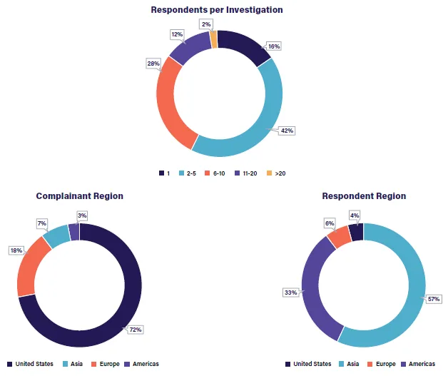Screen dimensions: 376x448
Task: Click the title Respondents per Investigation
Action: click(217, 10)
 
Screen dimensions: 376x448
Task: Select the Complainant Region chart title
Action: click(79, 196)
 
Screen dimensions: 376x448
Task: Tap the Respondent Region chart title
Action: click(364, 196)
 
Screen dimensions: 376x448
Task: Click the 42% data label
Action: click(287, 131)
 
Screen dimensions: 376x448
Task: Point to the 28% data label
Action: click(153, 63)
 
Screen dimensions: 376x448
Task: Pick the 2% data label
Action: click(206, 24)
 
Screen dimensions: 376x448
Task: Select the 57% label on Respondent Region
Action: click(434, 299)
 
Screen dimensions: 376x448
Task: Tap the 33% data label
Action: click(290, 292)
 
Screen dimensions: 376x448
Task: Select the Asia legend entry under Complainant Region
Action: click(73, 364)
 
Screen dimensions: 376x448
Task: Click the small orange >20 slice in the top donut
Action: click(213, 39)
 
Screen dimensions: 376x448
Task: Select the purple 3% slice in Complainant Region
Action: click(73, 232)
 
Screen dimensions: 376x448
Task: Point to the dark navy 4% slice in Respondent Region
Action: click(356, 232)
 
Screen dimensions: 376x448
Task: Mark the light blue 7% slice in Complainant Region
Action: click(56, 237)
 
